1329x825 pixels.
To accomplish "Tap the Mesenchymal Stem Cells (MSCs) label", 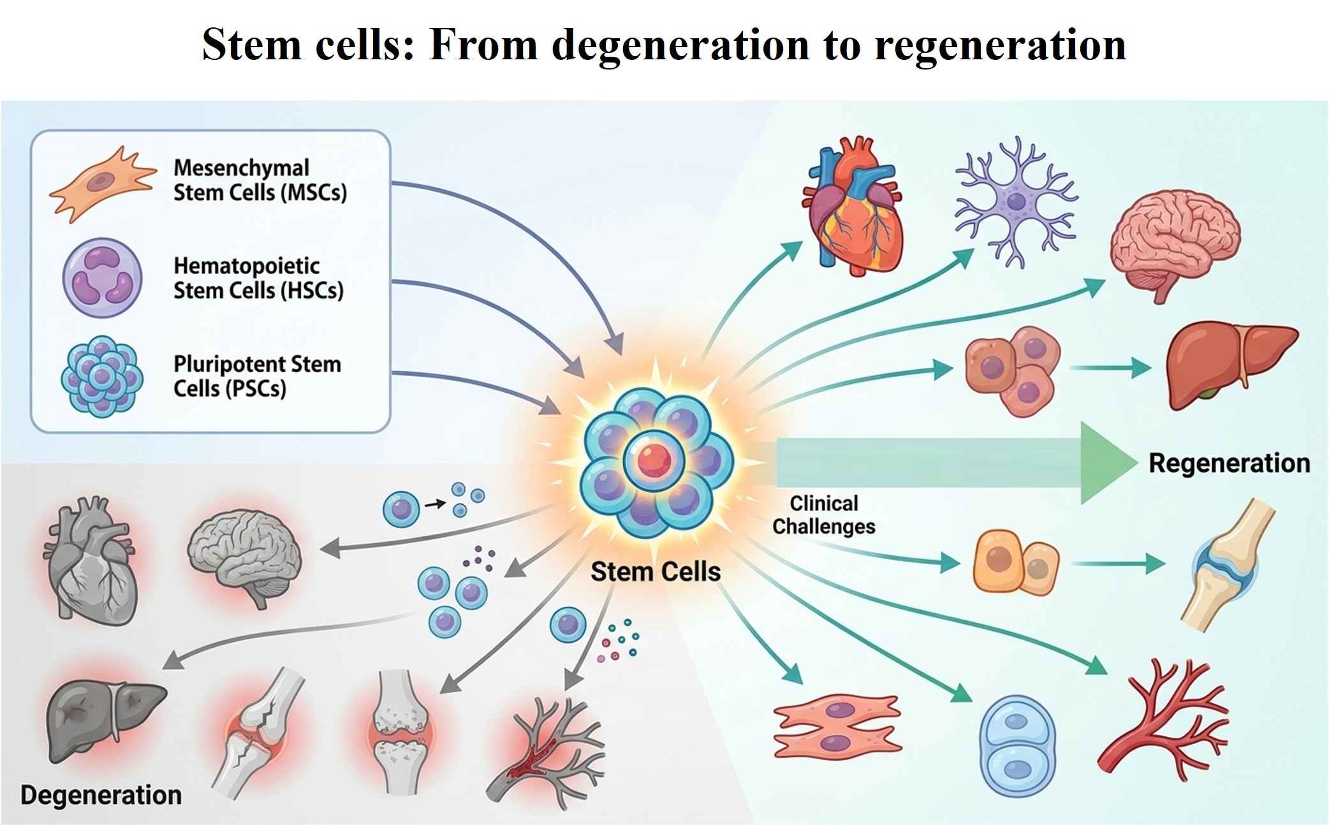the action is pyautogui.click(x=260, y=180).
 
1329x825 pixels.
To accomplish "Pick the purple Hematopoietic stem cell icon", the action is pyautogui.click(x=102, y=278).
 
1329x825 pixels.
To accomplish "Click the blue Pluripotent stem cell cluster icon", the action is pyautogui.click(x=102, y=376).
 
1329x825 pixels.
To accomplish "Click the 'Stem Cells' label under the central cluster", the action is pyautogui.click(x=656, y=571).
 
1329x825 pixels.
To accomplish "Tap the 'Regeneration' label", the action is pyautogui.click(x=1229, y=463).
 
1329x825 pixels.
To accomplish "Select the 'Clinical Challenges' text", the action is pyautogui.click(x=824, y=515).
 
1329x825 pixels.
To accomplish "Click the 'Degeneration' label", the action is pyautogui.click(x=101, y=795).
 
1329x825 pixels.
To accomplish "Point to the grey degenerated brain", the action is pyautogui.click(x=245, y=556).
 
